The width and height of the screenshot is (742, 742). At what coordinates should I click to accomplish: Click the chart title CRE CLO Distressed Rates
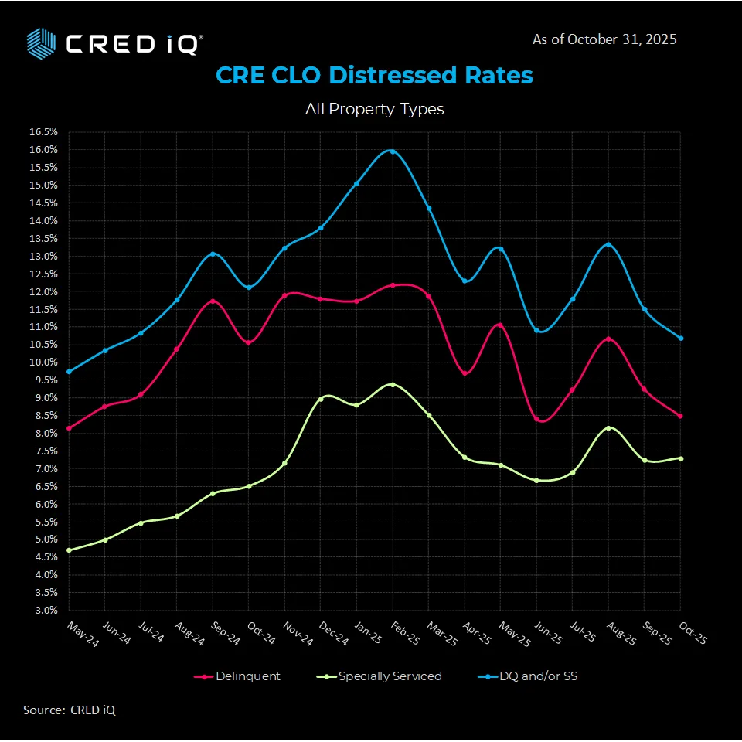click(374, 76)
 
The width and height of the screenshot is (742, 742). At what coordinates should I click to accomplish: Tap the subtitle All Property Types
click(374, 109)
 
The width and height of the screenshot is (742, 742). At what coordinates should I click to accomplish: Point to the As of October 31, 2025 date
click(604, 39)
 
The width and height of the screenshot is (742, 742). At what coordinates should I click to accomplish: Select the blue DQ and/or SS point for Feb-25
click(393, 151)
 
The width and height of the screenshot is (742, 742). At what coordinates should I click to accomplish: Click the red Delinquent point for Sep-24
click(213, 301)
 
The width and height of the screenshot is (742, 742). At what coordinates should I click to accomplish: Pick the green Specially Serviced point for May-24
click(70, 550)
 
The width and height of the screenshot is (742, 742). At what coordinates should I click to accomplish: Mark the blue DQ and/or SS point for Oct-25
click(680, 338)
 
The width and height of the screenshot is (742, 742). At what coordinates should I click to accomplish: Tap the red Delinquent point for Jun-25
click(536, 419)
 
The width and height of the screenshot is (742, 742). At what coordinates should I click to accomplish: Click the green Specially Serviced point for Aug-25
click(608, 428)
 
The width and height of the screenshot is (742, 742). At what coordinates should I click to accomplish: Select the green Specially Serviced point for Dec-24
click(321, 399)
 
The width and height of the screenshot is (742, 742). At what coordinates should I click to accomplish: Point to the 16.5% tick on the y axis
click(44, 132)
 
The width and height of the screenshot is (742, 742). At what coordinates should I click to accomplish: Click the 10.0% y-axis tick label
click(44, 362)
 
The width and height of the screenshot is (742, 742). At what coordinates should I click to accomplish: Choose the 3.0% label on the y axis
click(46, 611)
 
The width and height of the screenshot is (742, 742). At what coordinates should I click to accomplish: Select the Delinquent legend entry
click(238, 676)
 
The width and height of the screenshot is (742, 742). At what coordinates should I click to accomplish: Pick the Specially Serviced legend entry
click(382, 676)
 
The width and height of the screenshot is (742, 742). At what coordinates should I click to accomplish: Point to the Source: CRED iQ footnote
click(70, 710)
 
